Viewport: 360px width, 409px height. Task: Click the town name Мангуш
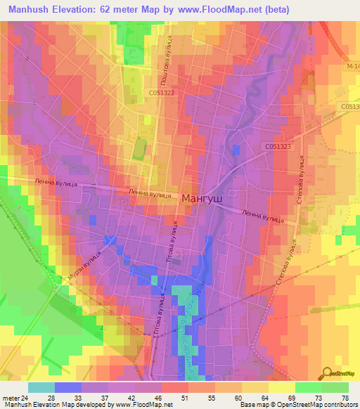202,199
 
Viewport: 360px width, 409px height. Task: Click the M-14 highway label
351,67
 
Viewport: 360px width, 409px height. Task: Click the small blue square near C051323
236,149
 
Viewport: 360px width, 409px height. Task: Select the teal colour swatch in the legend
41,387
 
